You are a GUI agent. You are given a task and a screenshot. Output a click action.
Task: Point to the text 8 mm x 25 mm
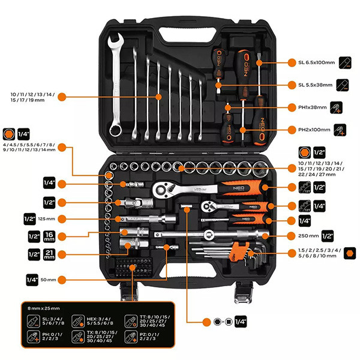(x=46, y=307)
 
